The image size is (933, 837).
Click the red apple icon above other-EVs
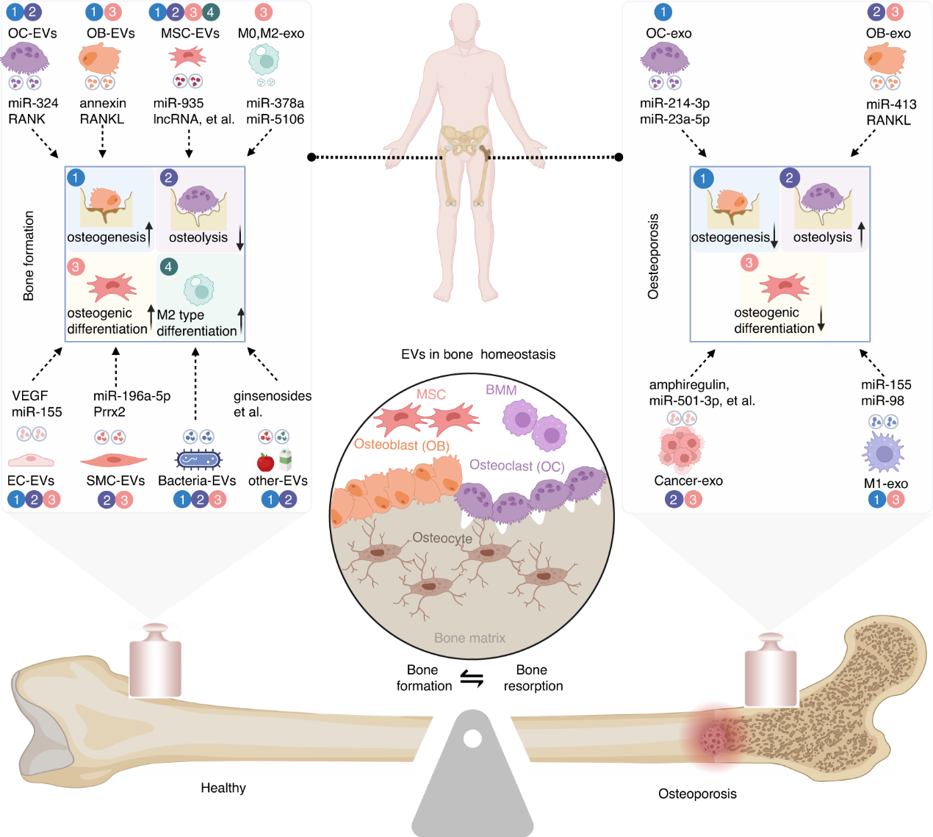(265, 462)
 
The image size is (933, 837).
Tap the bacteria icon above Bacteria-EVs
(198, 460)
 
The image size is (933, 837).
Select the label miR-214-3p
(674, 104)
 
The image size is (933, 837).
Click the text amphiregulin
(688, 384)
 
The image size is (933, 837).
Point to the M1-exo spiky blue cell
(885, 453)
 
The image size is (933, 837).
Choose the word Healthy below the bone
(223, 788)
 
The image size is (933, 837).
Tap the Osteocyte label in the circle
(442, 538)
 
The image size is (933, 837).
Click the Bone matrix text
(469, 638)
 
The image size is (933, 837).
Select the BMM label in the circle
(501, 390)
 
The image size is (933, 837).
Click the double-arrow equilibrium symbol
(472, 678)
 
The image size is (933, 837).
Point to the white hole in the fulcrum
(472, 738)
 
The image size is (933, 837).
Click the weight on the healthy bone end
(155, 659)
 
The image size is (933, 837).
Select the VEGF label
(29, 395)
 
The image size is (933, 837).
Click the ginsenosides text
(273, 396)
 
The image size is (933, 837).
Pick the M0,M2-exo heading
(271, 34)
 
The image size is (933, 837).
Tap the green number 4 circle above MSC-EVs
(210, 12)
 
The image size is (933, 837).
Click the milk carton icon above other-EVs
(285, 460)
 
